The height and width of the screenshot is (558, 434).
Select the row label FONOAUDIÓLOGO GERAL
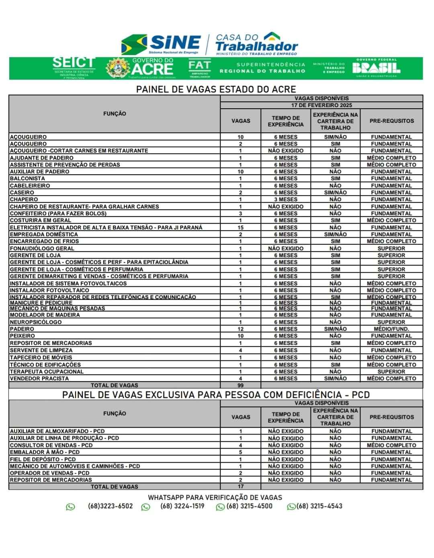click(x=42, y=248)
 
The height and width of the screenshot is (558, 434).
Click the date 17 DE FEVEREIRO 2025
click(x=321, y=105)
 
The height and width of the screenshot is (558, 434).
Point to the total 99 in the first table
click(x=240, y=385)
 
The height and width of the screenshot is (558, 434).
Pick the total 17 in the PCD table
click(x=240, y=486)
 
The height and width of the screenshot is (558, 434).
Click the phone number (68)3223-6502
click(x=110, y=506)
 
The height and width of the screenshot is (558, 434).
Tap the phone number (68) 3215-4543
click(x=319, y=506)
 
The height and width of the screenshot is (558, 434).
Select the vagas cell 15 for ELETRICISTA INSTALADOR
click(x=240, y=227)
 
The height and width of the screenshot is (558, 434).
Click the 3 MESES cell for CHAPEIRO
click(x=286, y=199)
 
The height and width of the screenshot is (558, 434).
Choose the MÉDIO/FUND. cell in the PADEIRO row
click(x=391, y=329)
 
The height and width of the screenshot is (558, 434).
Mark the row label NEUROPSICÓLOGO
click(x=36, y=322)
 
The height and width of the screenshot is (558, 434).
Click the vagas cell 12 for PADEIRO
click(x=240, y=329)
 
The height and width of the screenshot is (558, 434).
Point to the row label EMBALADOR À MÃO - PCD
click(x=45, y=452)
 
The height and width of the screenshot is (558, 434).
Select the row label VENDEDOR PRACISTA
click(x=39, y=378)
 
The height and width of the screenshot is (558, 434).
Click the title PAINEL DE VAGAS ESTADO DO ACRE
click(x=216, y=89)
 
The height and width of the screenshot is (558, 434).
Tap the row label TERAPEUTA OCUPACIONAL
click(x=47, y=371)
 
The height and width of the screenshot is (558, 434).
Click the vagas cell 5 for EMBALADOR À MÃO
click(x=240, y=452)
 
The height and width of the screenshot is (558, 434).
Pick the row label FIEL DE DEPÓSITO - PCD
click(x=43, y=459)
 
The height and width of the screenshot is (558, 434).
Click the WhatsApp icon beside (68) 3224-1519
click(x=146, y=507)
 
